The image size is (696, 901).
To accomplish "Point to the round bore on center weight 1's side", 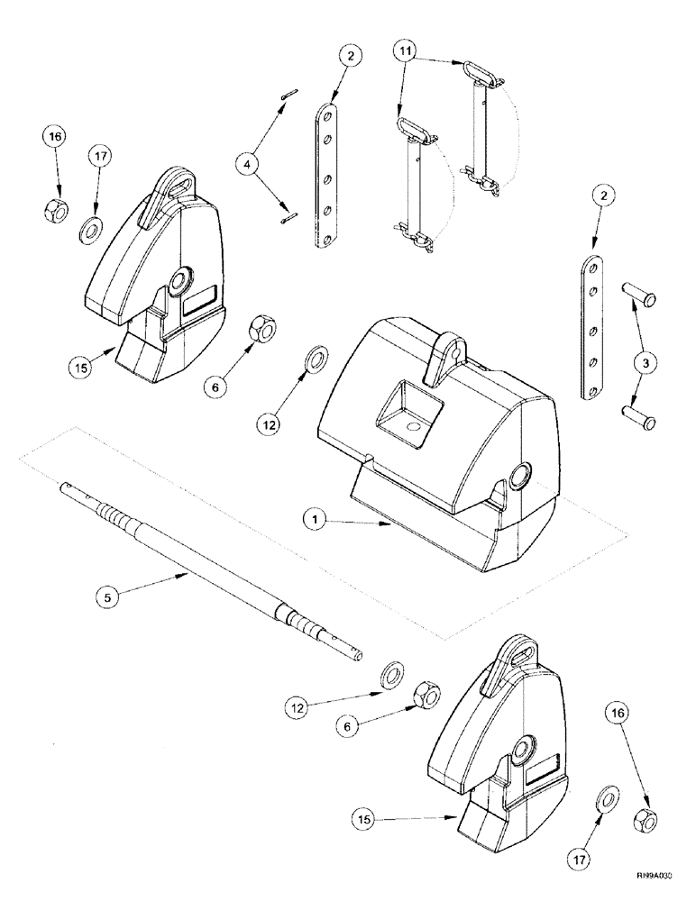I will coord(521,478).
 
